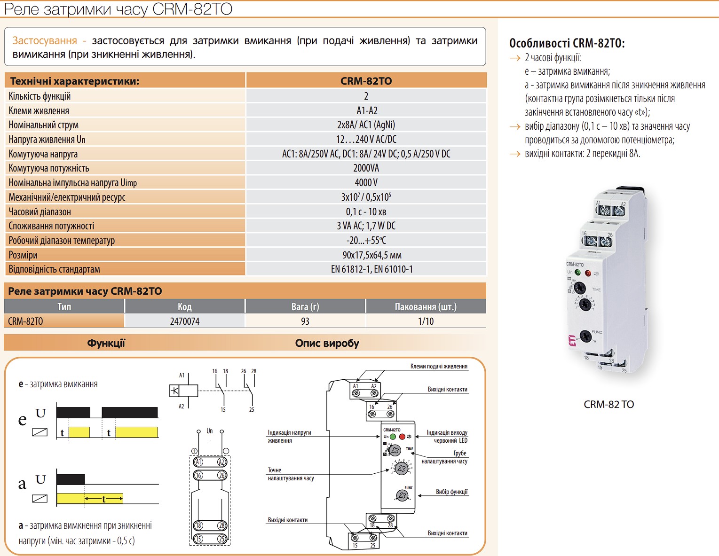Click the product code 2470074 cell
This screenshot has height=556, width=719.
coord(185,321)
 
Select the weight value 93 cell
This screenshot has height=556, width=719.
coord(305,321)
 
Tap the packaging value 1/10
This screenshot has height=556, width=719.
coord(426,321)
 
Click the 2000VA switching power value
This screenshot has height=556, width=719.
coord(366,168)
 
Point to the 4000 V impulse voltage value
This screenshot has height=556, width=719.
coord(366,182)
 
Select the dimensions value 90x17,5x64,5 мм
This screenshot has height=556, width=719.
coord(372,255)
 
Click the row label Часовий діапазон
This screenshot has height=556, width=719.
coord(40,211)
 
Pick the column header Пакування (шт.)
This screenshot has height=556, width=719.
coord(426,307)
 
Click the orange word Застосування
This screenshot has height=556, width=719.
coord(45,40)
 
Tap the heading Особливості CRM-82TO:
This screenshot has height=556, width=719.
coord(567,43)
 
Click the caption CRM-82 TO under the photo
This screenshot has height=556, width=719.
coord(608,404)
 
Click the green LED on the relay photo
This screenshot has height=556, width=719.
coord(578,273)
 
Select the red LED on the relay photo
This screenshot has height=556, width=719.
coord(588,273)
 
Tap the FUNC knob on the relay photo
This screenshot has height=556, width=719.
coord(585,337)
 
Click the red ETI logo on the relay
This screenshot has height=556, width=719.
coord(572,340)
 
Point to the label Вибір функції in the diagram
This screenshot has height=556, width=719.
coord(451,492)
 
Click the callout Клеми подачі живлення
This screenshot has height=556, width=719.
coord(439,366)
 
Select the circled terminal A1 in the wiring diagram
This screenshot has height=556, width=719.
coord(198,462)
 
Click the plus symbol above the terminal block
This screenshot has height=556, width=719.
coord(194,451)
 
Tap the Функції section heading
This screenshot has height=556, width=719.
coord(106,343)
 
